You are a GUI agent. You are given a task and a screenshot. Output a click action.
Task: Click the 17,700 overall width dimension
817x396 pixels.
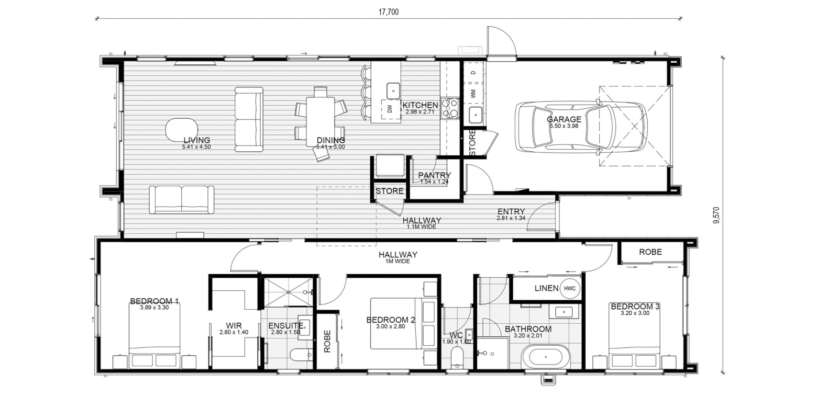389,12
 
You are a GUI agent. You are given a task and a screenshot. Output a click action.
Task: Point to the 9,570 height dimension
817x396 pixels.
716,215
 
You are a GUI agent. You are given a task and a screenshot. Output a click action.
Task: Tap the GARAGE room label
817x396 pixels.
564,119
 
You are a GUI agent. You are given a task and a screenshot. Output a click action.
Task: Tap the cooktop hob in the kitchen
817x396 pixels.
449,108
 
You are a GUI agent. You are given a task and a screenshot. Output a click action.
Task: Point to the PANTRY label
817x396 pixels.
434,175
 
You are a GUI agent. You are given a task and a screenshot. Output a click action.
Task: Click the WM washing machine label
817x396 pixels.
473,94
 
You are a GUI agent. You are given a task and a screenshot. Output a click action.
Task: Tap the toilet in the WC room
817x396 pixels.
457,357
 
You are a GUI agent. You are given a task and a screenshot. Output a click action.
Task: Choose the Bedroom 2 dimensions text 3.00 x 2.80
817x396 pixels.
390,326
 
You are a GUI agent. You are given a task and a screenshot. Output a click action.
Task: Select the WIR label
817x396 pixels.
234,326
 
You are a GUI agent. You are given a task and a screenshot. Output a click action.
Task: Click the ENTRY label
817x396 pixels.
511,211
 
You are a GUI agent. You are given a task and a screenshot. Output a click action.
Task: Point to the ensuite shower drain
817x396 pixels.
288,292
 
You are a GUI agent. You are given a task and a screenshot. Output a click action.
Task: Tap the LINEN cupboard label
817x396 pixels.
546,288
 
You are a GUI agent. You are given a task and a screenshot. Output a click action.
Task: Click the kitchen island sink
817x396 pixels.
393,90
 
